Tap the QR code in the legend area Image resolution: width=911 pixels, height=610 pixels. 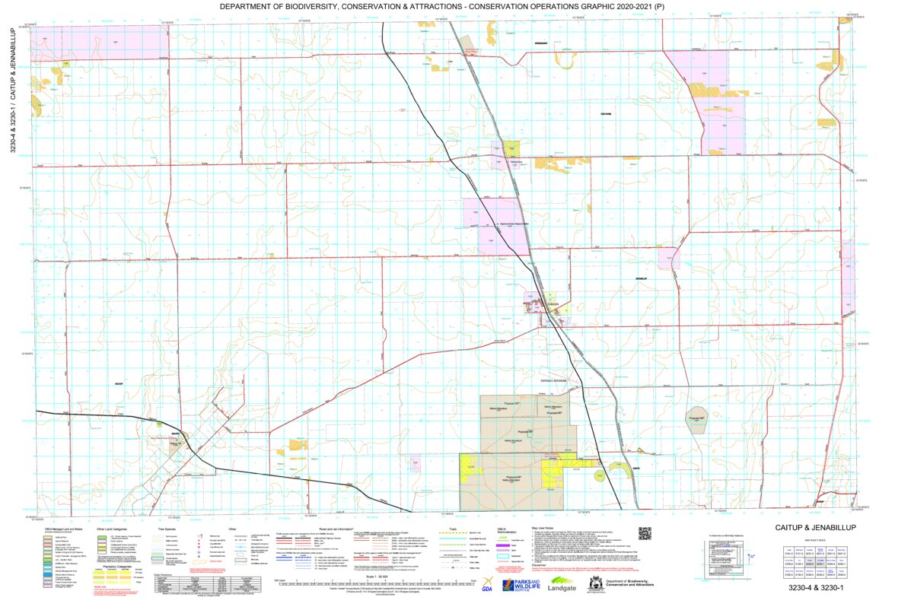tap(645, 533)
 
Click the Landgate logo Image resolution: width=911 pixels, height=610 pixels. tap(561, 587)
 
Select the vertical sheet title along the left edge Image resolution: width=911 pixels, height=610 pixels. tap(12, 91)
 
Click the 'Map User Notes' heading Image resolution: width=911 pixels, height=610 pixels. tap(547, 528)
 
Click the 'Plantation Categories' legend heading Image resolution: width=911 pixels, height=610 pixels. tap(116, 565)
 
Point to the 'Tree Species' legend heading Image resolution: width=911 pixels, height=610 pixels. tap(167, 529)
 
